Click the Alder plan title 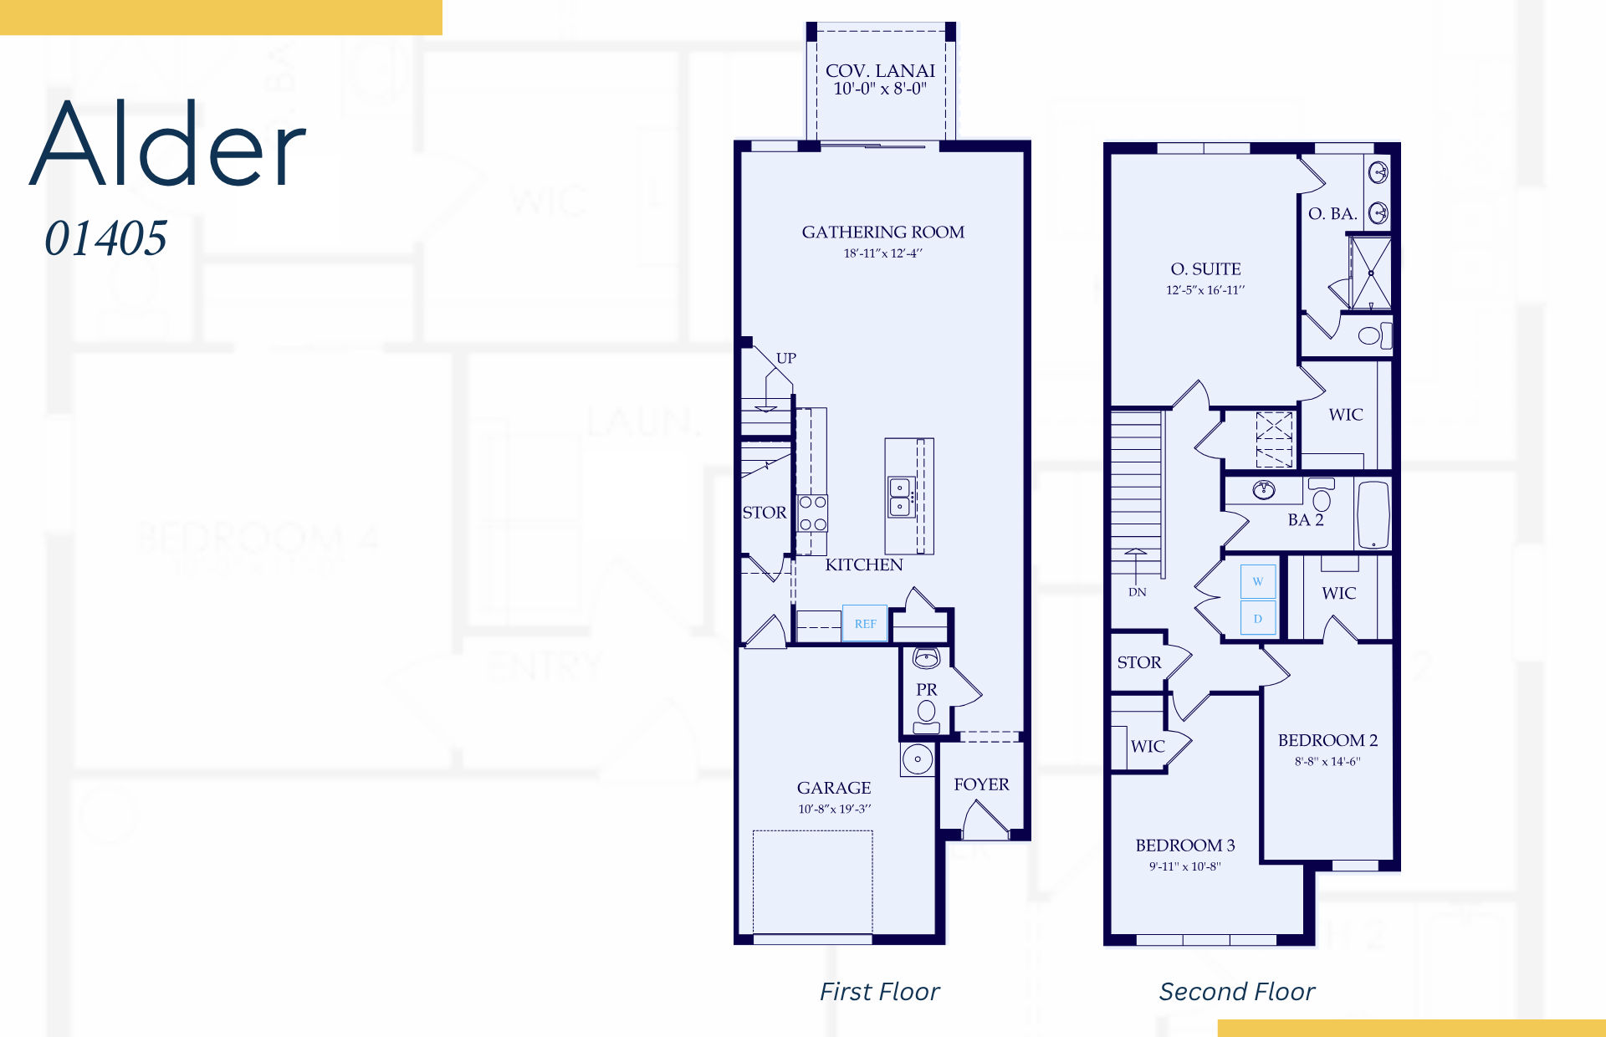coord(168,143)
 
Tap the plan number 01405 coord(106,238)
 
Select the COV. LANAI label coord(880,71)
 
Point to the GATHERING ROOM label coord(882,232)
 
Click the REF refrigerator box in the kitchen coord(865,623)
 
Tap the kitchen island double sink coord(900,498)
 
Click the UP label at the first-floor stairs coord(785,358)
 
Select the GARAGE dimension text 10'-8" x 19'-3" coord(834,809)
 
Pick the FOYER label coord(981,784)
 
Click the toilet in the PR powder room coord(926,716)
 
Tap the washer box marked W coord(1258,581)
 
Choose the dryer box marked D coord(1258,618)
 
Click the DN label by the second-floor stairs coord(1137,592)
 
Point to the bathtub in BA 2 coord(1373,513)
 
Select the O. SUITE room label coord(1205,268)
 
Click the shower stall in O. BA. coord(1370,273)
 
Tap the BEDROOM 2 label coord(1327,740)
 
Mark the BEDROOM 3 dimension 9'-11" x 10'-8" coord(1184,866)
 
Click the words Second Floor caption coord(1237,992)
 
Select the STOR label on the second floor coord(1139,662)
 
